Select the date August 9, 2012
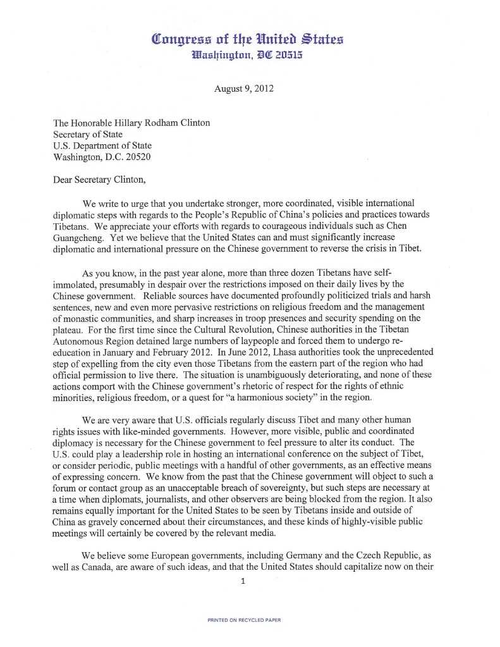[x=244, y=89]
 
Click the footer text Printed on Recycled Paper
[x=244, y=620]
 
